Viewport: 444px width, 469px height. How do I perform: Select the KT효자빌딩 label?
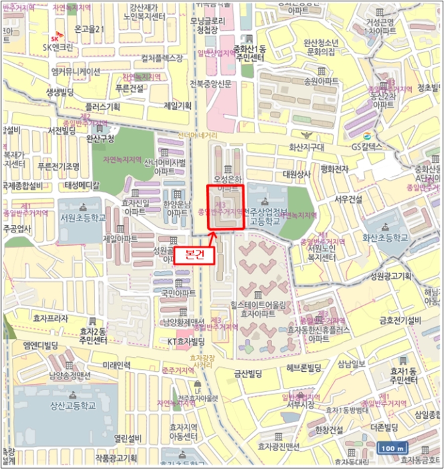pyautogui.click(x=186, y=341)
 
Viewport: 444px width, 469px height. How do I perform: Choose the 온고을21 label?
pyautogui.click(x=90, y=29)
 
